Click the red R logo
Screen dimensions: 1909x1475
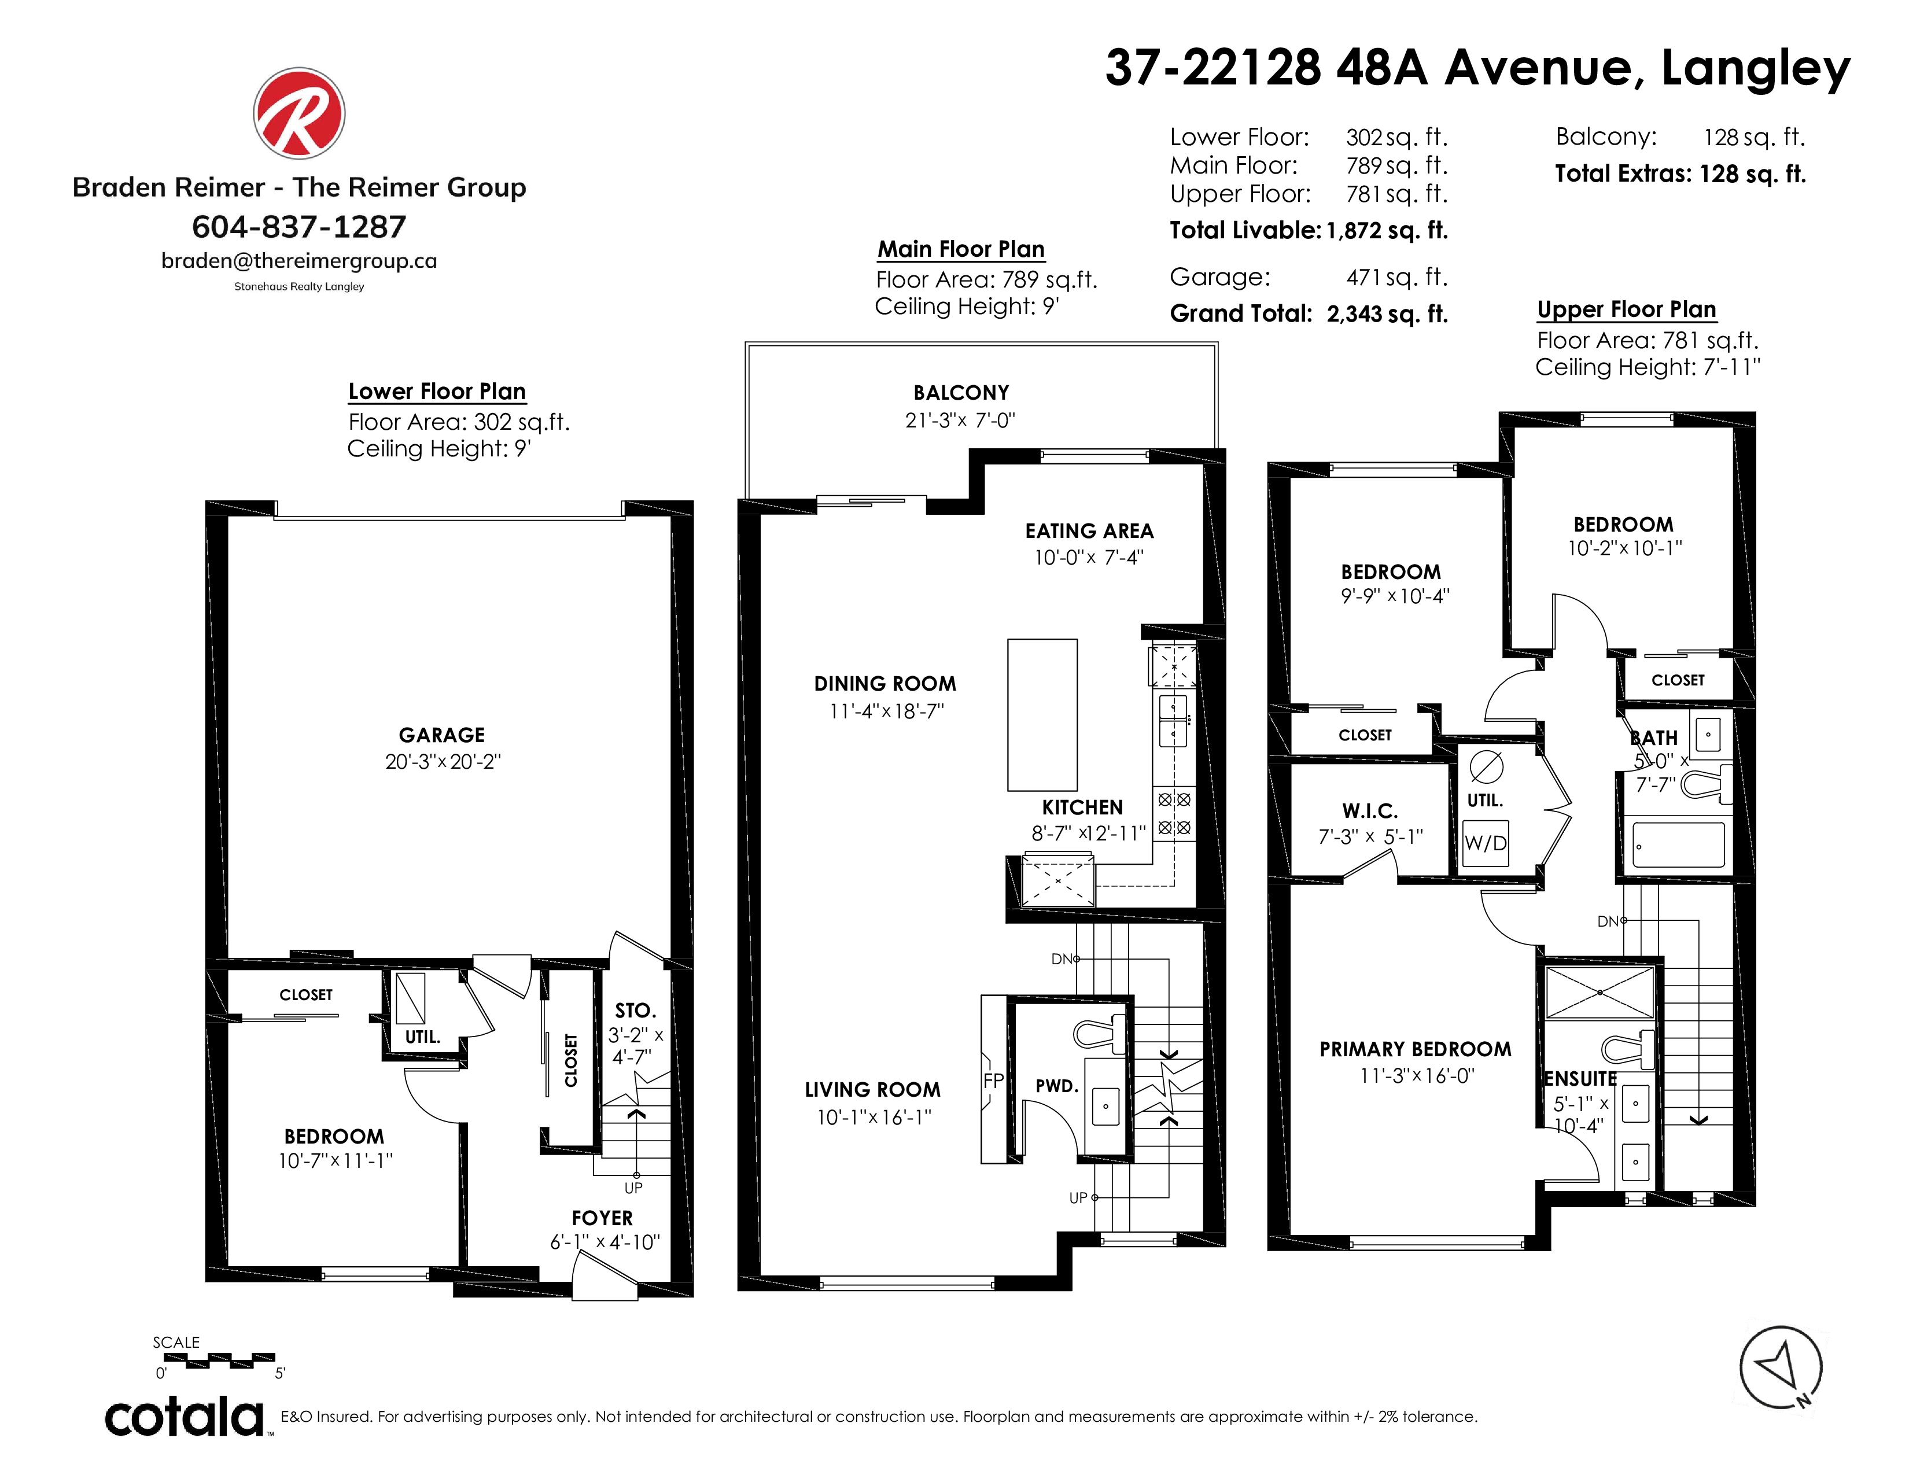click(x=299, y=113)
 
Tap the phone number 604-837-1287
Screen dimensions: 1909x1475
click(x=299, y=227)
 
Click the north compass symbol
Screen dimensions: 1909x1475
click(x=1781, y=1367)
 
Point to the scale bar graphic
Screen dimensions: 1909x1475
click(x=219, y=1360)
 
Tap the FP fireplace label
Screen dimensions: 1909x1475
click(x=994, y=1081)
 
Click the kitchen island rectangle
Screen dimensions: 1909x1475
click(x=1042, y=715)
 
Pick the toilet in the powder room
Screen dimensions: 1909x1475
click(x=1100, y=1034)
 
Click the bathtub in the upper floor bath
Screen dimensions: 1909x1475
click(x=1678, y=844)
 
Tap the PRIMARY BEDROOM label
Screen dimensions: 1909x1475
click(x=1415, y=1049)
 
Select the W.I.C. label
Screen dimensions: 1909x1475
click(x=1370, y=811)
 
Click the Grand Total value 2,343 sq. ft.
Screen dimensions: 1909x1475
click(x=1387, y=314)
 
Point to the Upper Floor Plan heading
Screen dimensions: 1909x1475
click(x=1627, y=309)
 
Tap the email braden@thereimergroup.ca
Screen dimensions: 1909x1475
click(x=299, y=261)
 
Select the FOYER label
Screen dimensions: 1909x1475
click(x=602, y=1218)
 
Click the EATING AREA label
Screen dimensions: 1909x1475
click(x=1089, y=531)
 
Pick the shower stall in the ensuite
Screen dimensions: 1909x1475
click(x=1600, y=993)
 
